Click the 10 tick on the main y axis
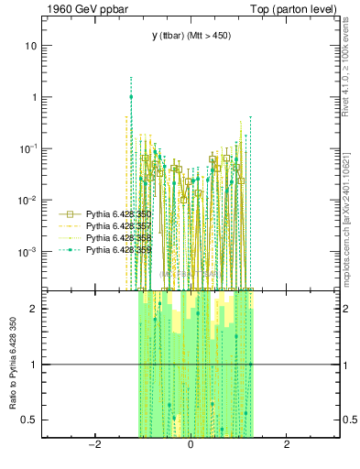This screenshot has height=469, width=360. (x=33, y=46)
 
